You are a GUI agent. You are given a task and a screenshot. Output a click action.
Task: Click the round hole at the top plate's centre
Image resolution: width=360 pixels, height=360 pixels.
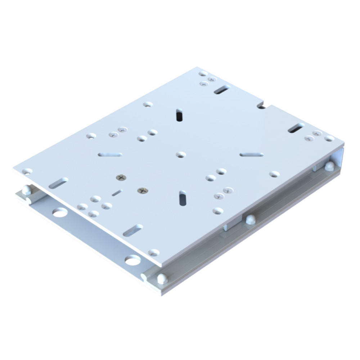point(180,154)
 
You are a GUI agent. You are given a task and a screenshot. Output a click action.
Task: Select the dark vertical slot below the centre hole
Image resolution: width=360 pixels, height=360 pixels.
point(183,198)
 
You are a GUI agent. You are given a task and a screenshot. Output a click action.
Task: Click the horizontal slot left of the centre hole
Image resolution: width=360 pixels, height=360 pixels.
point(110,155)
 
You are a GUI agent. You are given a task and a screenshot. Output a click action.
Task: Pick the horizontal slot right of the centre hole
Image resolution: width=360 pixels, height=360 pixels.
point(252,154)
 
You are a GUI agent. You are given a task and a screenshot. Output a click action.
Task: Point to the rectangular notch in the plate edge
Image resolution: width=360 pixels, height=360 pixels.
point(262,105)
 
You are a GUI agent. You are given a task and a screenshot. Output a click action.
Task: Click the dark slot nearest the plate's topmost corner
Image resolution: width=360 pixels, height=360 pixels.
point(222,89)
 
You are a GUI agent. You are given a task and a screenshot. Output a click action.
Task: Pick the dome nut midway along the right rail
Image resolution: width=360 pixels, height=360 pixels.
point(249,219)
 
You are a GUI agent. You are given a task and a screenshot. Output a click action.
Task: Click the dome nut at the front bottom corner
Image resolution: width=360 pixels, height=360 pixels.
point(162,278)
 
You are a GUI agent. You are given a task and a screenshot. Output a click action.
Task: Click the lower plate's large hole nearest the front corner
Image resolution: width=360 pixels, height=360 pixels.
point(132,260)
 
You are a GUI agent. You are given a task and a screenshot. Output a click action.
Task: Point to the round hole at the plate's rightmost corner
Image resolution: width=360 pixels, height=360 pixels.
point(329,138)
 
